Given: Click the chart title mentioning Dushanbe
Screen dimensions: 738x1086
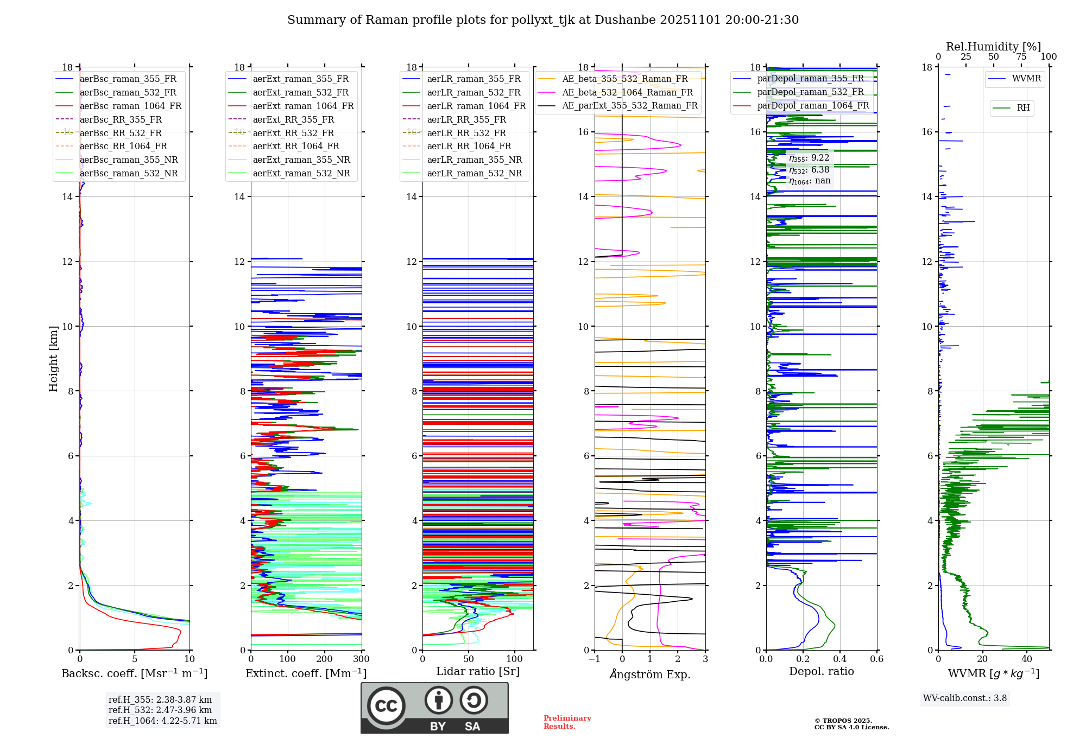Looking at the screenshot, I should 543,20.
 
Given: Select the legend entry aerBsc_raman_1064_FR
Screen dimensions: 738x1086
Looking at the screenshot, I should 130,106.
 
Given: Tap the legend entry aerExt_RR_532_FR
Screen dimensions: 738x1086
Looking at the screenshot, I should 293,133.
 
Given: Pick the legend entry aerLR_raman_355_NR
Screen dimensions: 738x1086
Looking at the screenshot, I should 474,160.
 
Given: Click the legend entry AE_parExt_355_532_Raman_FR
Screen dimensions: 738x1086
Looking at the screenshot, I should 629,105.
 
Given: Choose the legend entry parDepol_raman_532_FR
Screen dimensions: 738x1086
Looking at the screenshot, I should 810,92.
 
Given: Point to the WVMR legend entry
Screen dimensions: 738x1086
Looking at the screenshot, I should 1026,79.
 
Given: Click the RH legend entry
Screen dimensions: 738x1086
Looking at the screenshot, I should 1023,108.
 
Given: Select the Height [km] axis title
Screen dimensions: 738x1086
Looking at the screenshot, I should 53,358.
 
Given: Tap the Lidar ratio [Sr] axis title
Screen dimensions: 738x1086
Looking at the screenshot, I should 478,671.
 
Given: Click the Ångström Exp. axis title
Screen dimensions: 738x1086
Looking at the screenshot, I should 650,674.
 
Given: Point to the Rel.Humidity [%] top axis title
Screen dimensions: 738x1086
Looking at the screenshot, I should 993,47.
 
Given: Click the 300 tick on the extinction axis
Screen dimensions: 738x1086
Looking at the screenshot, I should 361,659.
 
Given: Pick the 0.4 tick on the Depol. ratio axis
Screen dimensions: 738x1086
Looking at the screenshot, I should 840,659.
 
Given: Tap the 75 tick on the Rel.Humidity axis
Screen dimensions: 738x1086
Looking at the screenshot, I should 1021,57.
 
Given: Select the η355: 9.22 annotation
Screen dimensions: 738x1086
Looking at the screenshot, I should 809,158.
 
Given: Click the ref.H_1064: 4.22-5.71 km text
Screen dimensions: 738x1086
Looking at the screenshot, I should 162,721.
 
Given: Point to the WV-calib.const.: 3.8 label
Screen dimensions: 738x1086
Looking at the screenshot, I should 964,698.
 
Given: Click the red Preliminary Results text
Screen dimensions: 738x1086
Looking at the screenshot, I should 567,722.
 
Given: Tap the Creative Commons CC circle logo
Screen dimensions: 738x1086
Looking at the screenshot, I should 386,706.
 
